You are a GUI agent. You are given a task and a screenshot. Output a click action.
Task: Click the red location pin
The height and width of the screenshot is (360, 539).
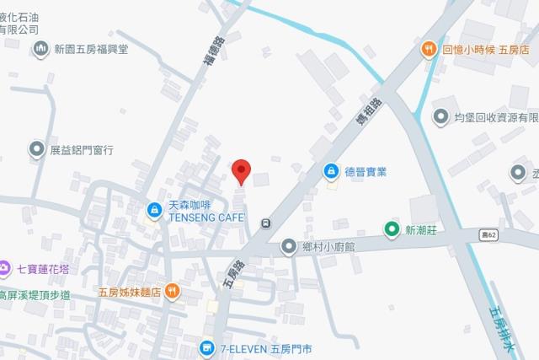[242, 171]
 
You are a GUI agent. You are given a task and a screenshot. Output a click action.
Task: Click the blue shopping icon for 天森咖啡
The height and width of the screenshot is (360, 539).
[154, 210]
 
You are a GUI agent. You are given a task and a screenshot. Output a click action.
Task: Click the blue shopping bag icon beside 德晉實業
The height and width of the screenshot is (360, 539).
[332, 171]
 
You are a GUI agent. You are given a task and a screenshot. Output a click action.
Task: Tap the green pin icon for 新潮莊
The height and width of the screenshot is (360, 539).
[391, 228]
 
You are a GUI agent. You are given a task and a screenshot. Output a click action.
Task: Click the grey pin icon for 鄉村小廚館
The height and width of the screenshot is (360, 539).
[289, 247]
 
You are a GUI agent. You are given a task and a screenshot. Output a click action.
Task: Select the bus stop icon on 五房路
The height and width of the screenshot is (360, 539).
[266, 223]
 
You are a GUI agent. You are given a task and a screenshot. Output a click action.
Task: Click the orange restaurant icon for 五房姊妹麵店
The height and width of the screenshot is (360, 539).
[173, 292]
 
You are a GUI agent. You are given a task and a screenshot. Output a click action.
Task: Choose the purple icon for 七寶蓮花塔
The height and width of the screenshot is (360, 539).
[6, 269]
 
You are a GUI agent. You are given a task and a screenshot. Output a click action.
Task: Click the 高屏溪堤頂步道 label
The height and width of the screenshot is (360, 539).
[35, 295]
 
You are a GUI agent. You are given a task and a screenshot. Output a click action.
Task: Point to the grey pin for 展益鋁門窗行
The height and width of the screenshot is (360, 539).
[37, 149]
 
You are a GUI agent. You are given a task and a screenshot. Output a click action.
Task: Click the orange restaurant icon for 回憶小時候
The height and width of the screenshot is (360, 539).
[428, 49]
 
